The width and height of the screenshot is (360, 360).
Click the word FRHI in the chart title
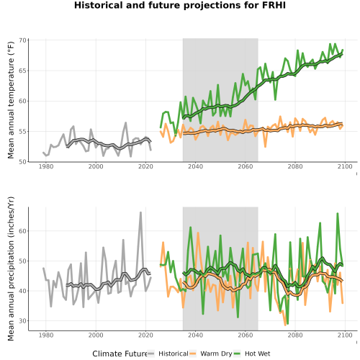pyautogui.click(x=274, y=5)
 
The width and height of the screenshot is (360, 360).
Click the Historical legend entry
pyautogui.click(x=168, y=354)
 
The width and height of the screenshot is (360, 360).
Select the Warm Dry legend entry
pyautogui.click(x=211, y=354)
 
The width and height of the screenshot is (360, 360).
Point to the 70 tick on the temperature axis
pyautogui.click(x=22, y=40)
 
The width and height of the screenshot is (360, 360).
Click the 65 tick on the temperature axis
pyautogui.click(x=22, y=71)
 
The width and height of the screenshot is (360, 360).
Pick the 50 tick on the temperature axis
pyautogui.click(x=22, y=162)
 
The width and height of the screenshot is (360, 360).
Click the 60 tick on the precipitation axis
pyautogui.click(x=22, y=231)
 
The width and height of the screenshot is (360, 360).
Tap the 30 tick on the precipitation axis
pyautogui.click(x=22, y=321)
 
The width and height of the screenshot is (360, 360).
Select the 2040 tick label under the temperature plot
pyautogui.click(x=195, y=166)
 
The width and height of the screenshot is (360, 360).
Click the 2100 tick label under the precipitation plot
pyautogui.click(x=345, y=335)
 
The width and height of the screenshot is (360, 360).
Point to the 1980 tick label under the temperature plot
pyautogui.click(x=46, y=166)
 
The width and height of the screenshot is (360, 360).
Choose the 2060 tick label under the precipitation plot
pyautogui.click(x=246, y=335)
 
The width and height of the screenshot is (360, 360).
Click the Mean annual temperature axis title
pyautogui.click(x=11, y=100)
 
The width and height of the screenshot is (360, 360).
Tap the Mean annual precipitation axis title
pyautogui.click(x=11, y=269)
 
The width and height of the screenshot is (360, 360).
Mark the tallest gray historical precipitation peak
pyautogui.click(x=140, y=212)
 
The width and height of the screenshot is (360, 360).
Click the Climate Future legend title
pyautogui.click(x=120, y=354)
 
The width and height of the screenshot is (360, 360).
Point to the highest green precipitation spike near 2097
pyautogui.click(x=338, y=214)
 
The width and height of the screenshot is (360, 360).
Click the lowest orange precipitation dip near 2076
pyautogui.click(x=285, y=325)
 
